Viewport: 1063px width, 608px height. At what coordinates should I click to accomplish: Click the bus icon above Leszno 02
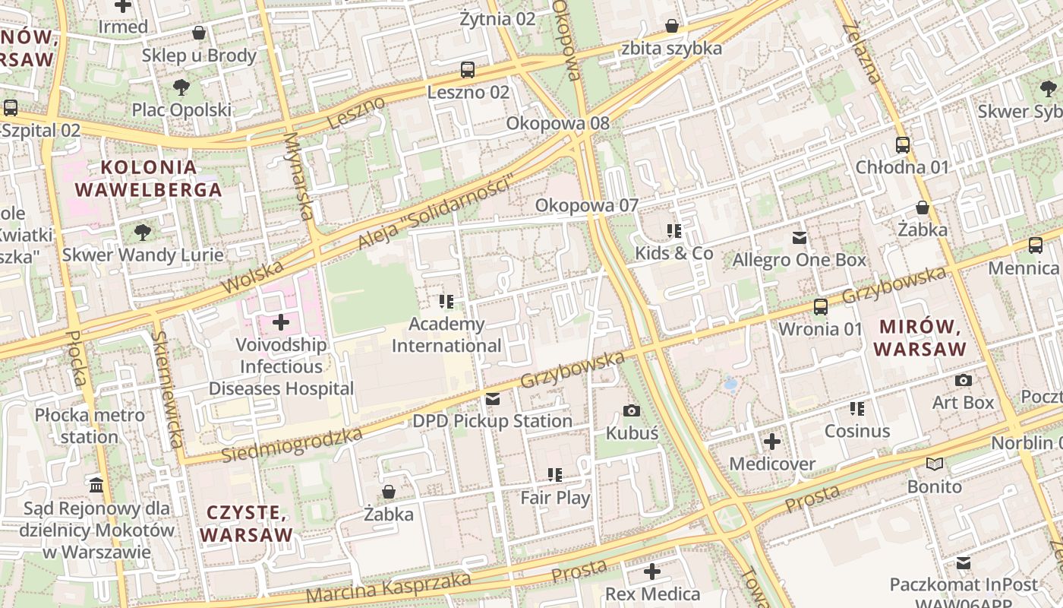click(468, 70)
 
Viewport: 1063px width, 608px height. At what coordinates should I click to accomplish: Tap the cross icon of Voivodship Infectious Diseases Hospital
click(281, 322)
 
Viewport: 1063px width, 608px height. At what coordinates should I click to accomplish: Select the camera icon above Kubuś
click(631, 411)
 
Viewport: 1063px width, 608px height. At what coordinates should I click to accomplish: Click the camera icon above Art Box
click(964, 380)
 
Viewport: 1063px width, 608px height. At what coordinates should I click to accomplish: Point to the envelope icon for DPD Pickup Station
click(493, 399)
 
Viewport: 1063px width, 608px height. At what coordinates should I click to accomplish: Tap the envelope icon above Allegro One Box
click(800, 238)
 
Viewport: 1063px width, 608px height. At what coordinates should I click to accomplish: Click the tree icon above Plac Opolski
click(181, 87)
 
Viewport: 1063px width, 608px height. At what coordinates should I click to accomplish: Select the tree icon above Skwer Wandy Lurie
click(142, 232)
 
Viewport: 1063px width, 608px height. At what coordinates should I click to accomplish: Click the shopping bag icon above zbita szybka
click(672, 27)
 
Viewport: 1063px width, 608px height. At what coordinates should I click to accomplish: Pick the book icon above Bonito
click(935, 464)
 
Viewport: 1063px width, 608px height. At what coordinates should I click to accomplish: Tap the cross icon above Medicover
click(772, 442)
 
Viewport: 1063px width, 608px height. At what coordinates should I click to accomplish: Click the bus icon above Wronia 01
click(821, 307)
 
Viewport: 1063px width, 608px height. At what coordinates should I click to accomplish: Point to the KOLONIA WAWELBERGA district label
click(149, 178)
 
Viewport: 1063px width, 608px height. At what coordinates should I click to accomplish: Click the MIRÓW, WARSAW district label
click(919, 338)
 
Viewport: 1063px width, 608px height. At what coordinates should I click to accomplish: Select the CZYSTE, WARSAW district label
click(246, 523)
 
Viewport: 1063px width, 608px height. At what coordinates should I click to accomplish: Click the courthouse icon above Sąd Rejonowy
click(96, 485)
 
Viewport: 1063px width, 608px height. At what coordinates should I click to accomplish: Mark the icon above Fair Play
click(555, 475)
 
